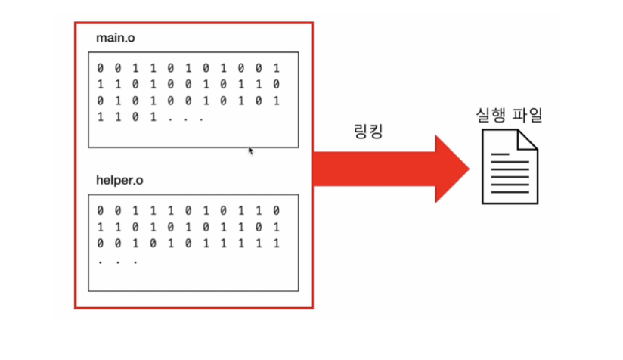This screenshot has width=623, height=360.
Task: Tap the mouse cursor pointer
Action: [x=251, y=151]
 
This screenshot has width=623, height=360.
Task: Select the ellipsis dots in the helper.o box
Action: [x=117, y=260]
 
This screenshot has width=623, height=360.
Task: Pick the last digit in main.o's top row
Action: [x=280, y=68]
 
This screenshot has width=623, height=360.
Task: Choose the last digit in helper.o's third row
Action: [x=280, y=244]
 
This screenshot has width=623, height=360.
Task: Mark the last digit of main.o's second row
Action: [x=280, y=84]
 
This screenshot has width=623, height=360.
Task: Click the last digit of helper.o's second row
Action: [x=280, y=227]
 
